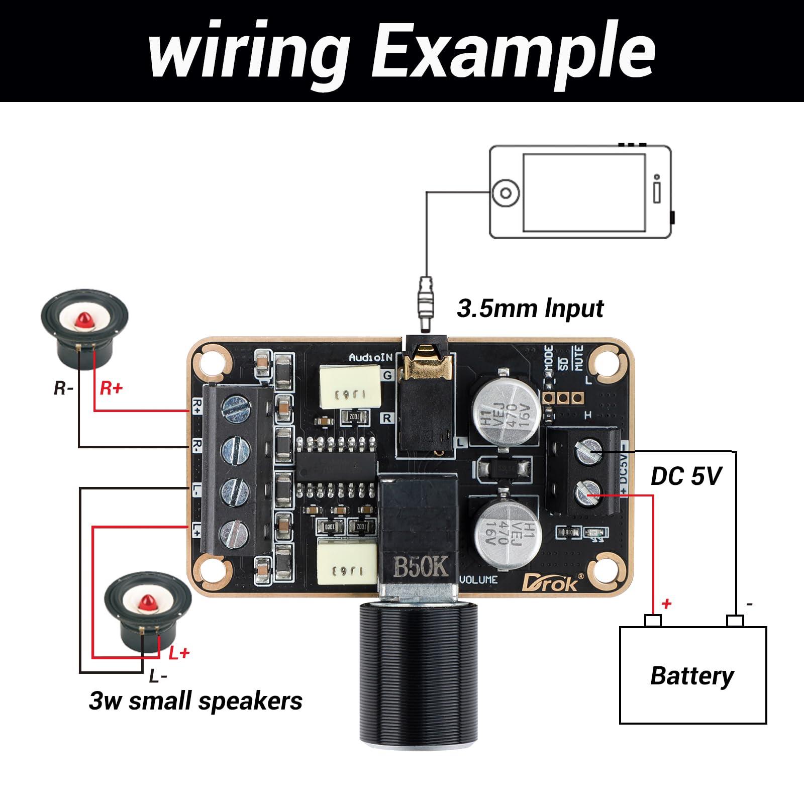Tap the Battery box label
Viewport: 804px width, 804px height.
pos(692,676)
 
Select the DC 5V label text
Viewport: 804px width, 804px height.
pos(686,476)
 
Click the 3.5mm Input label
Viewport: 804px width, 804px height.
pos(530,308)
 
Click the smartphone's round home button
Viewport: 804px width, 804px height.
pos(506,193)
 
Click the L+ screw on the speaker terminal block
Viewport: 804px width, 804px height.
pos(236,532)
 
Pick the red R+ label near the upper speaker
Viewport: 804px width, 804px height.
pos(111,388)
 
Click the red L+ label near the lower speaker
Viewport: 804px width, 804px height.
pos(178,653)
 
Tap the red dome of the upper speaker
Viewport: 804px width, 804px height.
pos(84,319)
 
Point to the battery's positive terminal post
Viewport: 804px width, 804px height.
pos(653,621)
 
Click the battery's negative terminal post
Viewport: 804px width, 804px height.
pos(735,621)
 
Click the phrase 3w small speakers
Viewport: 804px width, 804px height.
pos(195,701)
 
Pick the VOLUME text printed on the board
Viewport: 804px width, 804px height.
pos(478,579)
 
